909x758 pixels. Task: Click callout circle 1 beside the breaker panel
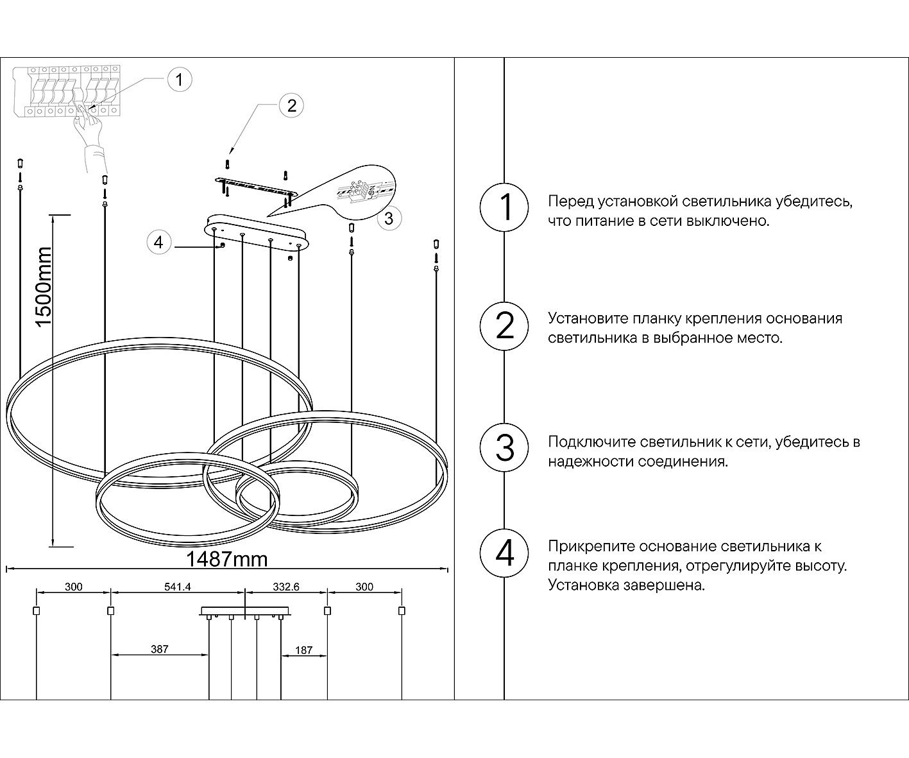179,80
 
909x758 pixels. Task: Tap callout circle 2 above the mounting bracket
291,105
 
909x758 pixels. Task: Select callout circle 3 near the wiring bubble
389,218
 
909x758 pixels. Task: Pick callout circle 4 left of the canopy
159,243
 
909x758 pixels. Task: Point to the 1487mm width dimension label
226,559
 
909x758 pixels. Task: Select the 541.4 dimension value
178,587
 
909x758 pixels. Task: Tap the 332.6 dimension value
286,587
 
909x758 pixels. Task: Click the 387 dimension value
159,649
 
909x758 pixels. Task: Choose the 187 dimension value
303,650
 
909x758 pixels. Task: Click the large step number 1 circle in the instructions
505,207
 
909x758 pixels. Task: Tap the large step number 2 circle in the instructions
505,325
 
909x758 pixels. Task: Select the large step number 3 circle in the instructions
505,448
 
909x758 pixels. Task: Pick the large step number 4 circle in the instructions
505,553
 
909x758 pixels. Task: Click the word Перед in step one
570,202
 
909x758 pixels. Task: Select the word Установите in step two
587,318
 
